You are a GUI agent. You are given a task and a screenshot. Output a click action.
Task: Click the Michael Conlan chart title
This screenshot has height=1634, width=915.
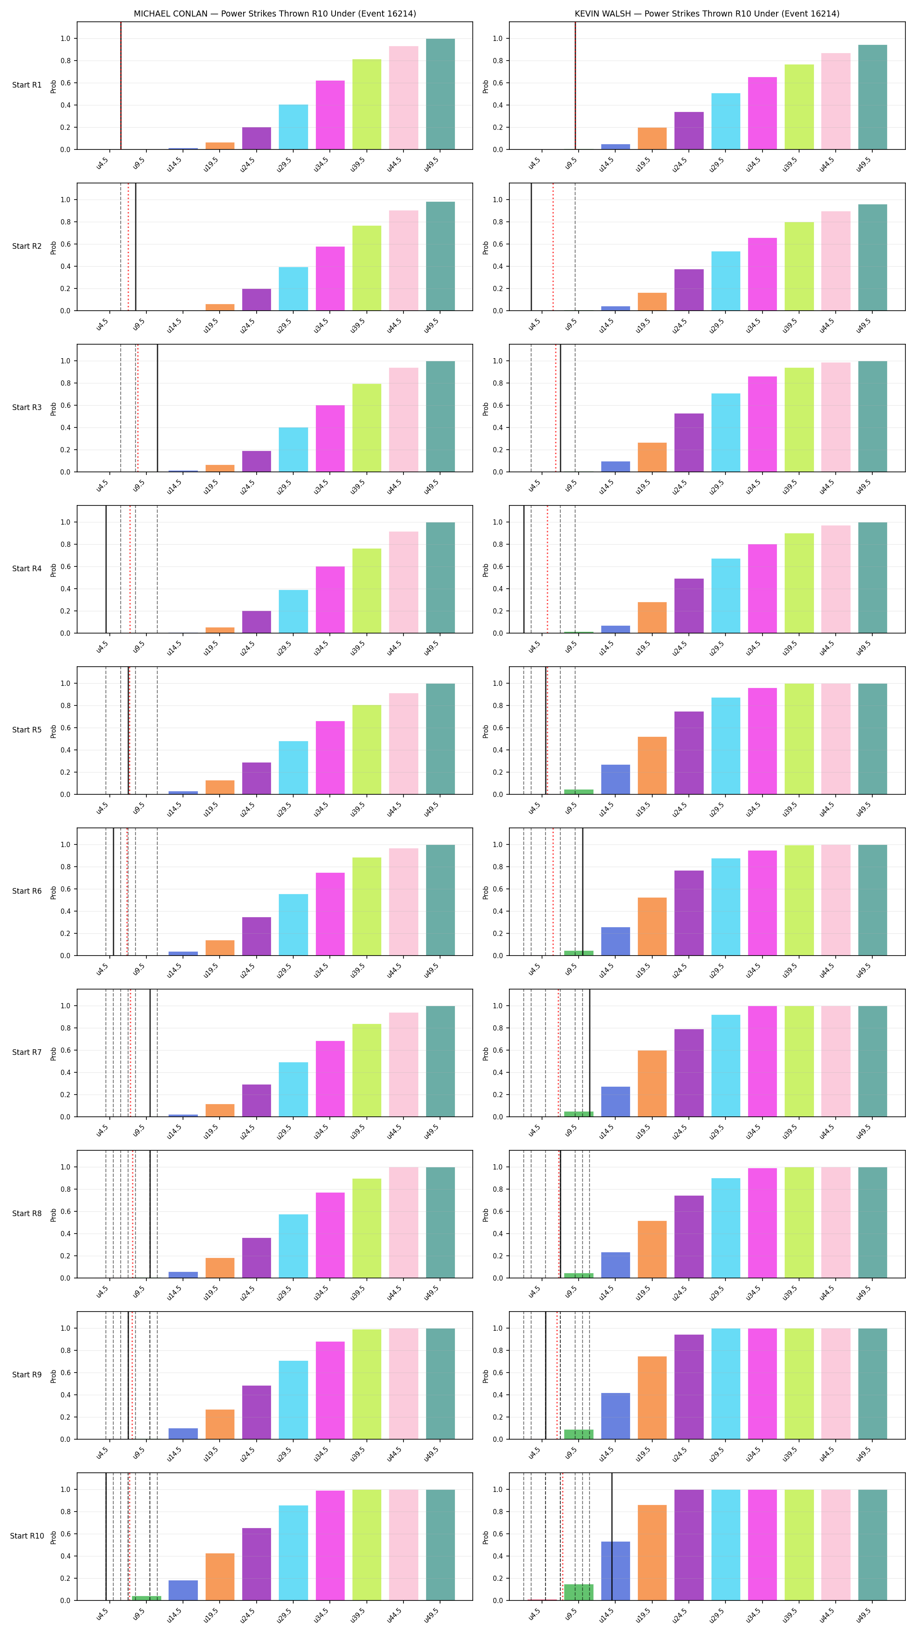click(274, 14)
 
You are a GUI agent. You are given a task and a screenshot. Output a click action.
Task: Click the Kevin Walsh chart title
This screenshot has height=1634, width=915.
click(707, 14)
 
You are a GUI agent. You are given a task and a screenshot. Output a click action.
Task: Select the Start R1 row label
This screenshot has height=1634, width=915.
click(27, 85)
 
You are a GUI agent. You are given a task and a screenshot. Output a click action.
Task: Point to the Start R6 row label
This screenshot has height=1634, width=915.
click(27, 891)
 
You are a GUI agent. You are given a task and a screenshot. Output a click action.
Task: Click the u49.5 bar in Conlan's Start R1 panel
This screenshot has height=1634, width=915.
click(440, 94)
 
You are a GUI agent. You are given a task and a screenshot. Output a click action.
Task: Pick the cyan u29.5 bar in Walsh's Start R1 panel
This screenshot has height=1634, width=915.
click(725, 121)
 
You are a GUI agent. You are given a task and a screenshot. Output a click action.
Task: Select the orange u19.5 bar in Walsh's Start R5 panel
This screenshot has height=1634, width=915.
click(652, 766)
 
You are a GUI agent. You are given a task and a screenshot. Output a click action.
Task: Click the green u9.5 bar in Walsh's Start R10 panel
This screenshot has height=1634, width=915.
click(578, 1592)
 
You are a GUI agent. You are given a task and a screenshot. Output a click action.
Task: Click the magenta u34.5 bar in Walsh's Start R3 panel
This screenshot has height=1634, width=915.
click(762, 424)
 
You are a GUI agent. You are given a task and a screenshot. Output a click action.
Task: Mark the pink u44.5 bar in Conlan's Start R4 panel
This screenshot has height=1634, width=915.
click(403, 582)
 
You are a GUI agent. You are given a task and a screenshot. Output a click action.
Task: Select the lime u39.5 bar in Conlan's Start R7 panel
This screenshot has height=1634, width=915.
click(366, 1070)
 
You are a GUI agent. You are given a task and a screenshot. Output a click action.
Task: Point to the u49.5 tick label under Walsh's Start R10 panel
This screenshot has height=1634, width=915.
click(863, 1615)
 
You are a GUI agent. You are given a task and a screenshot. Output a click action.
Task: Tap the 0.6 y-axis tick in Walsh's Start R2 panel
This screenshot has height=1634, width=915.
click(497, 244)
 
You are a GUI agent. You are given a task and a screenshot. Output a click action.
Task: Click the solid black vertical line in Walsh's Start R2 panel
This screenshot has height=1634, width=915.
click(532, 247)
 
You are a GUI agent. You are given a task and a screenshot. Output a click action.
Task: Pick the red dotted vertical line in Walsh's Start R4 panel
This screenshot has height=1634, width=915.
click(548, 569)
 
